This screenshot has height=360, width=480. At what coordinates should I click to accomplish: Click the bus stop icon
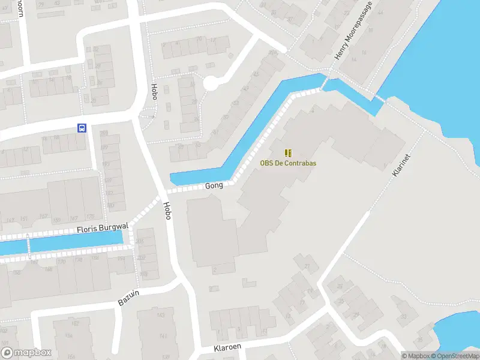[82, 127]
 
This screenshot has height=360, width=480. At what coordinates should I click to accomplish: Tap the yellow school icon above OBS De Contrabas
[288, 153]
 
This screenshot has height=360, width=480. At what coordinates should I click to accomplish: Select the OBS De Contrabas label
[288, 163]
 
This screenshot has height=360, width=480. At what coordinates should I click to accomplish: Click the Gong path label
[214, 185]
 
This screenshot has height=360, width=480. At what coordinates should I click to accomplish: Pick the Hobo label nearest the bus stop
[154, 92]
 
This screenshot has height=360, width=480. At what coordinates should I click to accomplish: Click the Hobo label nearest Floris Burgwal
[167, 210]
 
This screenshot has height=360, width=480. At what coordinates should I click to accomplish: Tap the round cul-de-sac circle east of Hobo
[211, 83]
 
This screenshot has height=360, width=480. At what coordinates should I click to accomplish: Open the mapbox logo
[26, 352]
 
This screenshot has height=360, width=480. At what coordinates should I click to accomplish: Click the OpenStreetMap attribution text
[454, 356]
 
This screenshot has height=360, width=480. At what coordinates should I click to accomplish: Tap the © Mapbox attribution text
[416, 356]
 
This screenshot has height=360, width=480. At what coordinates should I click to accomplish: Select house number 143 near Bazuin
[160, 315]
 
